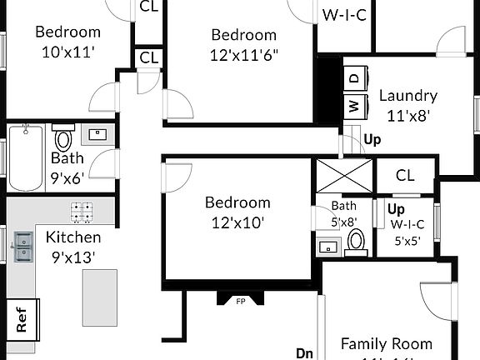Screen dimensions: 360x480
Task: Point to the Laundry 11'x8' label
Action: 407,106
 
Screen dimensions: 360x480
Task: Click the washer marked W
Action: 354,107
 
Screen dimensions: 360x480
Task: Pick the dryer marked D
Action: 354,77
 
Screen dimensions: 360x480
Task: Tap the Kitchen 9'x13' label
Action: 73,247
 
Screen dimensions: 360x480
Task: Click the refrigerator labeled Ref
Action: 21,318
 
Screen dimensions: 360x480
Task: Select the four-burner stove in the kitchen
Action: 82,212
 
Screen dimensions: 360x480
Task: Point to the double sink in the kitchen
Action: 22,247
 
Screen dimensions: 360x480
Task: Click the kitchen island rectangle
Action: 98,297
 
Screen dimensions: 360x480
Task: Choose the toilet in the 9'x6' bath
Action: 63,138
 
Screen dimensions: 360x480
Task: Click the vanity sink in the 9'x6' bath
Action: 98,134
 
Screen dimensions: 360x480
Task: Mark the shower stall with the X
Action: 342,177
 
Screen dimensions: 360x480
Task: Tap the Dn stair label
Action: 304,352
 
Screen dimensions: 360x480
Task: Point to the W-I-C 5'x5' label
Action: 407,230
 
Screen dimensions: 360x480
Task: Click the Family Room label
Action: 387,344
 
